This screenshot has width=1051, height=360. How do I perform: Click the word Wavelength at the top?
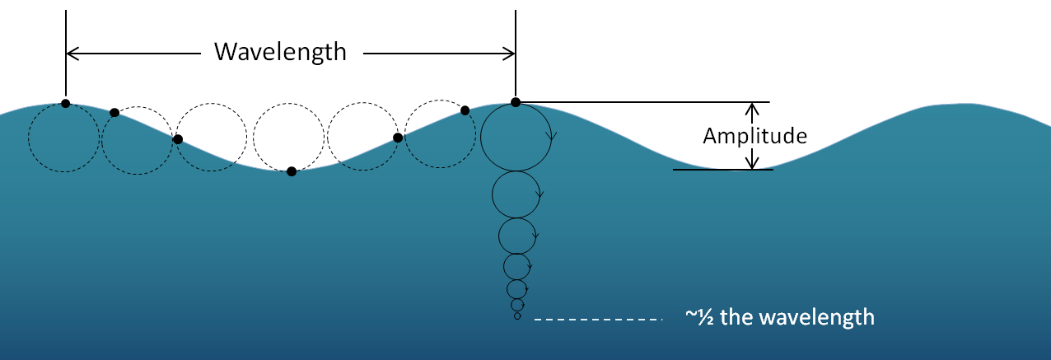pyautogui.click(x=280, y=52)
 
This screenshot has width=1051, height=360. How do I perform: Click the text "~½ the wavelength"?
pyautogui.click(x=780, y=317)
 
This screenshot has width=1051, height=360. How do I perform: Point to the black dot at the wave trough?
pyautogui.click(x=292, y=171)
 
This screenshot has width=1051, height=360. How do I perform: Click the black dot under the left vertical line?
pyautogui.click(x=65, y=104)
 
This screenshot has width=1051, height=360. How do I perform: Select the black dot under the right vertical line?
pyautogui.click(x=516, y=102)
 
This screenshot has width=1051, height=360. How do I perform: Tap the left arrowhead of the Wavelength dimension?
pyautogui.click(x=72, y=54)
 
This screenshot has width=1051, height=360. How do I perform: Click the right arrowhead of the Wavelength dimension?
pyautogui.click(x=509, y=54)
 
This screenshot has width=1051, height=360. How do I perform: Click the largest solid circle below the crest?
pyautogui.click(x=516, y=137)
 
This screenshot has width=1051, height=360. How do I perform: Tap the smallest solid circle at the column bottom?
pyautogui.click(x=517, y=316)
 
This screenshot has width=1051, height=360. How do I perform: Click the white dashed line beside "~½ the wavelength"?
pyautogui.click(x=598, y=318)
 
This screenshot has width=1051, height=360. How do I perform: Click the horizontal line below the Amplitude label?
pyautogui.click(x=722, y=170)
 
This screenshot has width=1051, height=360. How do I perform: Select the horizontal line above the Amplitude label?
pyautogui.click(x=642, y=102)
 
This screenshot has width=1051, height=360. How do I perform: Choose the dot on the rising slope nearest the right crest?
pyautogui.click(x=465, y=110)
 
